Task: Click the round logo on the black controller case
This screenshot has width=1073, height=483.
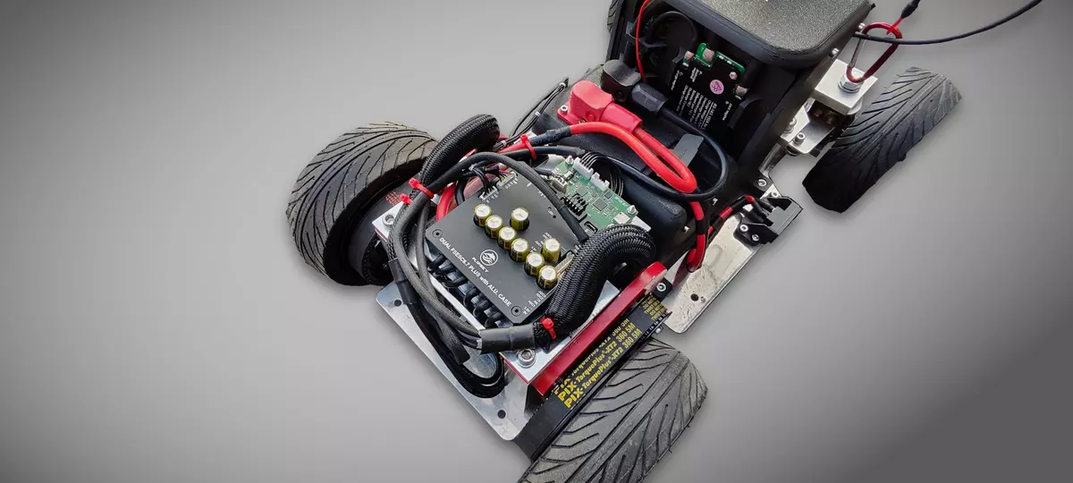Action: tap(488, 258)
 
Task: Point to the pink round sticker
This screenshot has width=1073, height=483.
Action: tap(716, 87)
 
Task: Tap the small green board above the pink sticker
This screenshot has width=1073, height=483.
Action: tap(715, 59)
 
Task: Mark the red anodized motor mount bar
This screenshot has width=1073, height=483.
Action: tap(599, 331)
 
